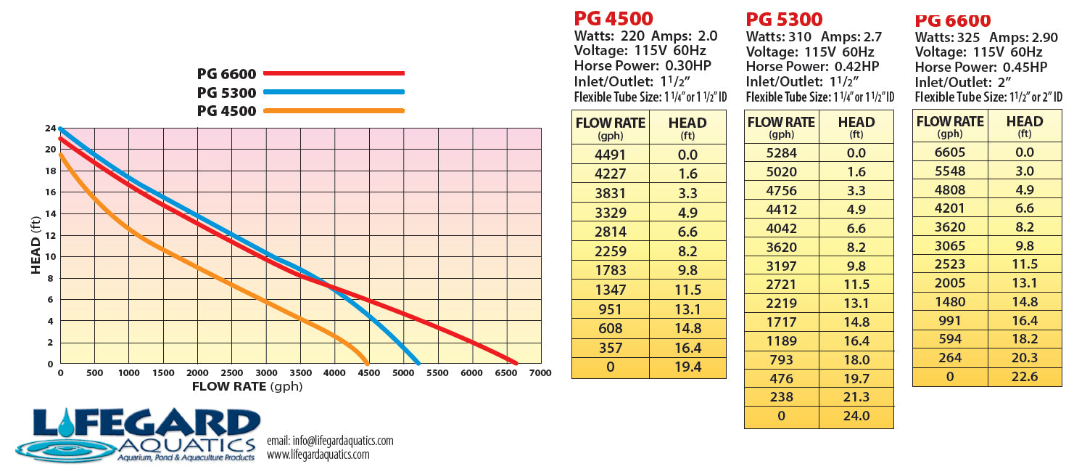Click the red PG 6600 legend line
click(334, 73)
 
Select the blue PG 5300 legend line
click(334, 92)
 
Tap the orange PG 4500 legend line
click(334, 111)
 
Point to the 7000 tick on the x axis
click(541, 373)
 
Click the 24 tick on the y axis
click(51, 129)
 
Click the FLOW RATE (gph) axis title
click(247, 386)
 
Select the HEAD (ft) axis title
click(36, 246)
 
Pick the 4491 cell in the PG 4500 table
click(610, 155)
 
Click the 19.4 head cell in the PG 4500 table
click(687, 367)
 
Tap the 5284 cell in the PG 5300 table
click(781, 153)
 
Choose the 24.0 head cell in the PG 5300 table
click(856, 417)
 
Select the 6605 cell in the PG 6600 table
click(949, 152)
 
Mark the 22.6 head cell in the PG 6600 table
click(1024, 377)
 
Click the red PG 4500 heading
click(614, 18)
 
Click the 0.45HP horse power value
click(1023, 68)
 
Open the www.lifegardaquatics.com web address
click(318, 455)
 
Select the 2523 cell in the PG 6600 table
click(949, 264)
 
